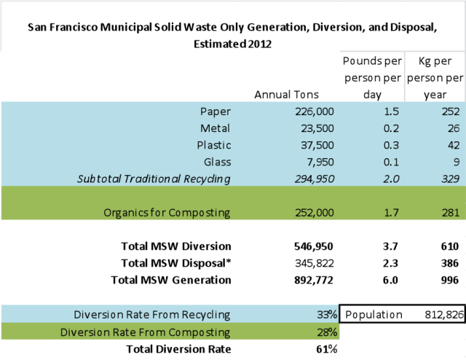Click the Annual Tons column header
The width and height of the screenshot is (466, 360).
(285, 94)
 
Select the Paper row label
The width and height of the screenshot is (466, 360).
(215, 111)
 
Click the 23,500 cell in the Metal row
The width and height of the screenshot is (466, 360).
(312, 128)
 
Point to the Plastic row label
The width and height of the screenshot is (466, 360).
(213, 144)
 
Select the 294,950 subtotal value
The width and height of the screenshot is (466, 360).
(309, 178)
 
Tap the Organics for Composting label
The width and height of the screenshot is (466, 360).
(168, 212)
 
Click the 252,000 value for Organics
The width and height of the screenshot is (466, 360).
(309, 212)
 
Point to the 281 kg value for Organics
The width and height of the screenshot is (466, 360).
(449, 212)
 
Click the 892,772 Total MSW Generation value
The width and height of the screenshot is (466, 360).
(309, 279)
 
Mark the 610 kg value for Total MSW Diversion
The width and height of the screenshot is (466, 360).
(449, 246)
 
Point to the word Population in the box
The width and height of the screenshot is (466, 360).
(374, 314)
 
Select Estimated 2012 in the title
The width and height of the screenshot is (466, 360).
(232, 44)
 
